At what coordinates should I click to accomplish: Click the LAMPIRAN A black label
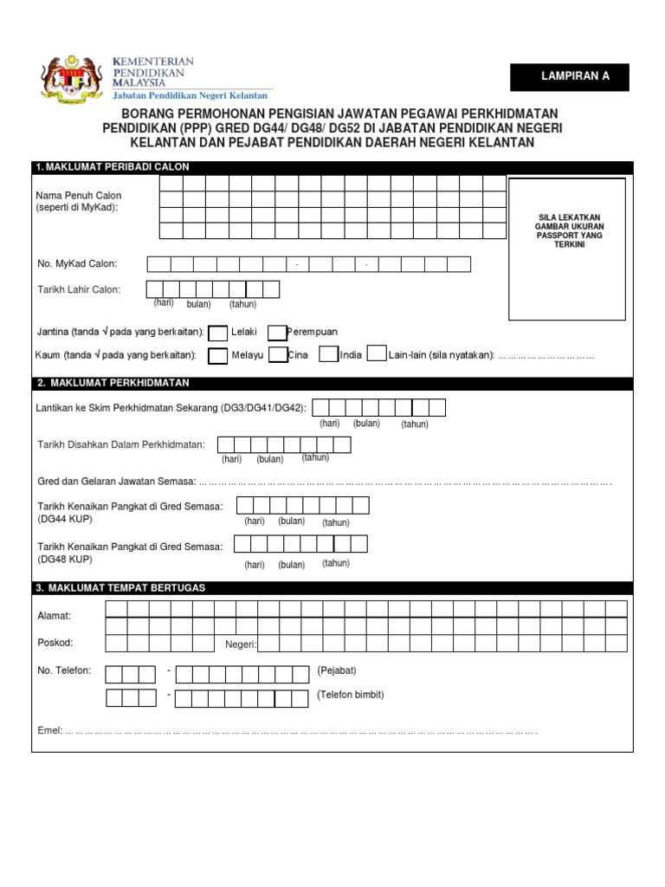(x=575, y=76)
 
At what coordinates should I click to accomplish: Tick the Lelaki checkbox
(x=219, y=333)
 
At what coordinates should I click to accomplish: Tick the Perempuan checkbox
(x=277, y=333)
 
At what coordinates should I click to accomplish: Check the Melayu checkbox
(x=218, y=355)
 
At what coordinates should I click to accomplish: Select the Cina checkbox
(x=278, y=354)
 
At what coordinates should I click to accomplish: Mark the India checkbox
(x=328, y=353)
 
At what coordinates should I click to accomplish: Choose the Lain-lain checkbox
(x=377, y=353)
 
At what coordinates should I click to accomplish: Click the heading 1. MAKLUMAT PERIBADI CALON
(x=112, y=167)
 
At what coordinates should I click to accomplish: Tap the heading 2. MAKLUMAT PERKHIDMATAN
(x=113, y=383)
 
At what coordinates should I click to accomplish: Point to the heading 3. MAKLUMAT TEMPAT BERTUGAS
(x=120, y=588)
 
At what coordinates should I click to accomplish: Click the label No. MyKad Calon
(x=77, y=263)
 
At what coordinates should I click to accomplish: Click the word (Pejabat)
(x=337, y=670)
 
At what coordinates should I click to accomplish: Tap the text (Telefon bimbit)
(x=351, y=695)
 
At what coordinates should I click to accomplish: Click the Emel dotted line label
(x=50, y=730)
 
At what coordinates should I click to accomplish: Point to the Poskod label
(x=55, y=643)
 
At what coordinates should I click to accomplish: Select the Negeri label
(x=241, y=644)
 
